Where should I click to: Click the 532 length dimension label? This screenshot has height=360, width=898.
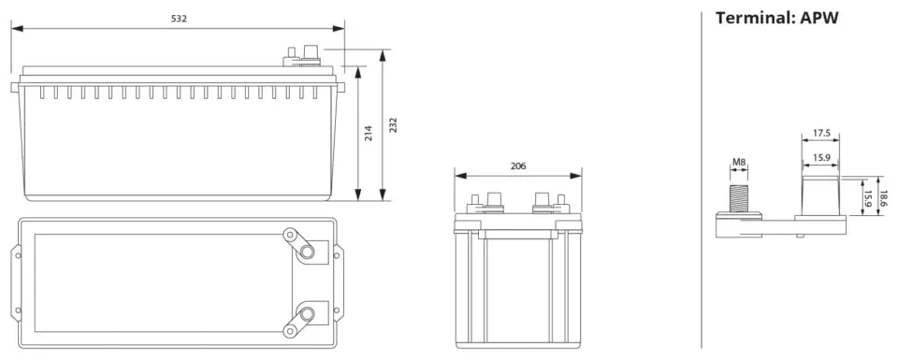coord(180,19)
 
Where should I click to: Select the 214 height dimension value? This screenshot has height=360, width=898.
coord(369,134)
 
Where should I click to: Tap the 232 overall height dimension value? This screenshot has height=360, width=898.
coord(393,125)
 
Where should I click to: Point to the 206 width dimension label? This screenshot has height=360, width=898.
coord(517,166)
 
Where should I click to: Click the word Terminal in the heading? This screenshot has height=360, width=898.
coord(752,18)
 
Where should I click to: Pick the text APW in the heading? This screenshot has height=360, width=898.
coord(819,18)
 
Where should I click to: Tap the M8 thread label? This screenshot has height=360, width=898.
coord(739,162)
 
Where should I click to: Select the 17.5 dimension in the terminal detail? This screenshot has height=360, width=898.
coord(821,133)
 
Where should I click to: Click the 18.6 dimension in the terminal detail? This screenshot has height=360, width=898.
coord(884,198)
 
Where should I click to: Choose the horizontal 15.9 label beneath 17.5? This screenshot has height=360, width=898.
coord(821,157)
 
